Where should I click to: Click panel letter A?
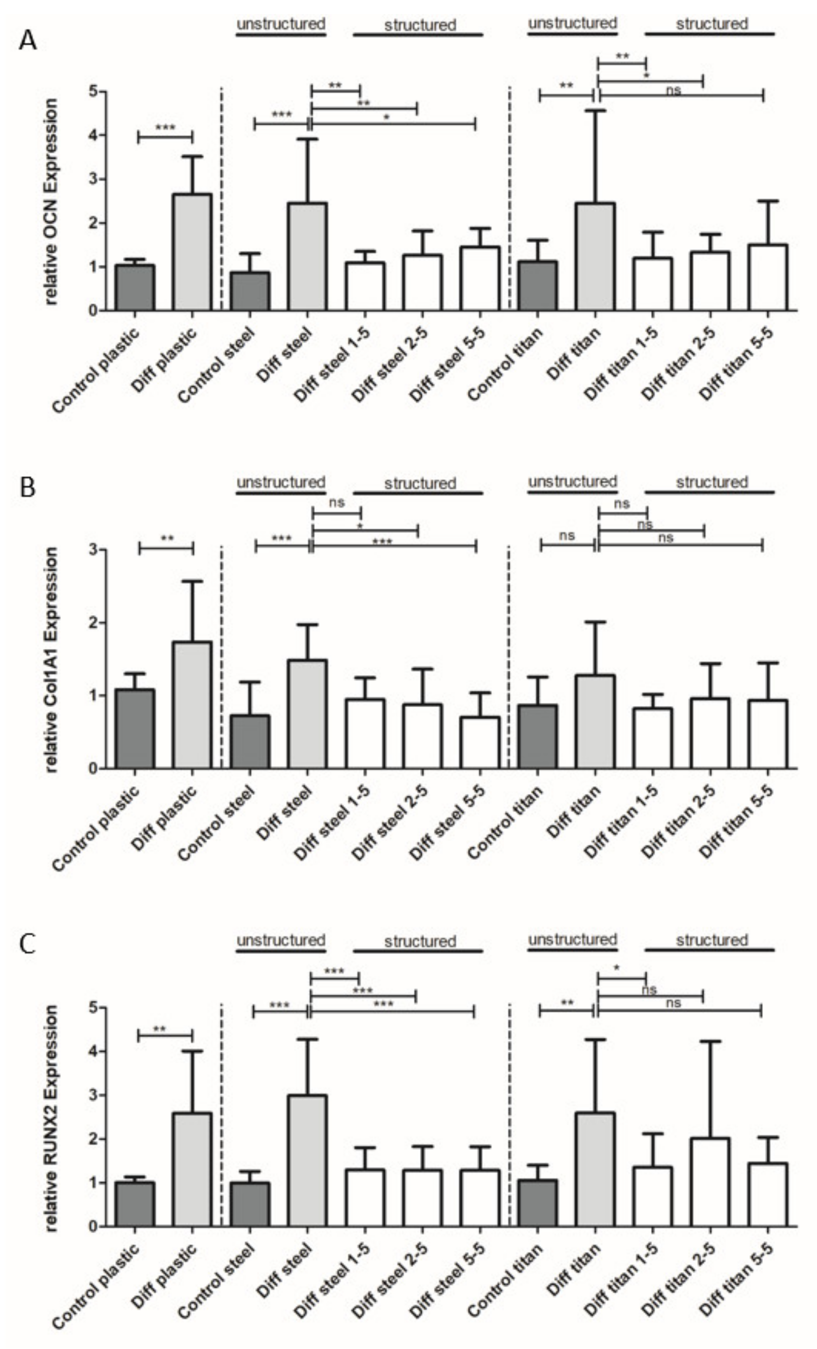27,40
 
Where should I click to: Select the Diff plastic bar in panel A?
192,252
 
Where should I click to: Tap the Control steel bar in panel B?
250,741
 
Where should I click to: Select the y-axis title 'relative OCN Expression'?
51,201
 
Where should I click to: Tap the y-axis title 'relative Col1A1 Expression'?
51,659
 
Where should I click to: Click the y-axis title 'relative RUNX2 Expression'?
51,1117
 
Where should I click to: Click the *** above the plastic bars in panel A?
165,128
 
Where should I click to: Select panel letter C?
27,944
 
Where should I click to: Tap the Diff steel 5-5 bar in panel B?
479,743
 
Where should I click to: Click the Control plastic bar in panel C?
135,1204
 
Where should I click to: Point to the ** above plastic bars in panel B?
167,539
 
